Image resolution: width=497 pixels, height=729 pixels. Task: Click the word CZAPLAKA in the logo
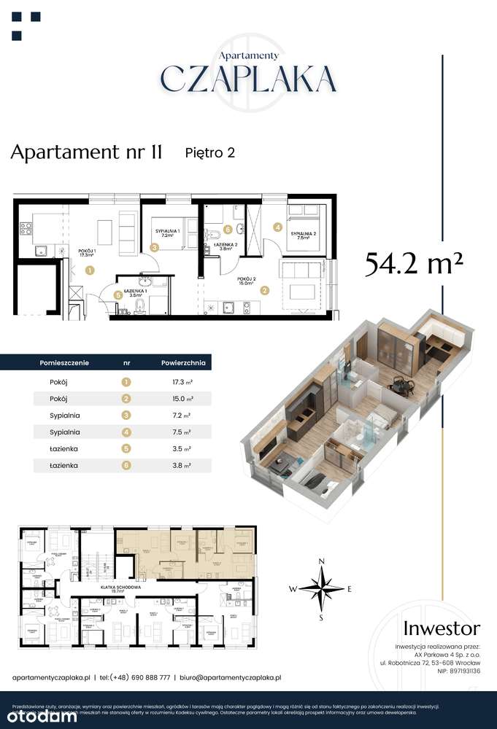248,78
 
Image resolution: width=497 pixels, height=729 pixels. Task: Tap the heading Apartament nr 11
86,152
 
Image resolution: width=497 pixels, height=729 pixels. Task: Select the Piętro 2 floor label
209,152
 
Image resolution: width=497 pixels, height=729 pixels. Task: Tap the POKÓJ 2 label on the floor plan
246,279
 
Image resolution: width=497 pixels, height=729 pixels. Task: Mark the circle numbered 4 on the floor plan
278,227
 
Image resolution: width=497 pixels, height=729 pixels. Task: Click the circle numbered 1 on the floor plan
89,270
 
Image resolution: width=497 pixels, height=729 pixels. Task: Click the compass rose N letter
320,561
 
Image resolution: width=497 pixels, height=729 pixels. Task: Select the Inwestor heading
442,628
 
